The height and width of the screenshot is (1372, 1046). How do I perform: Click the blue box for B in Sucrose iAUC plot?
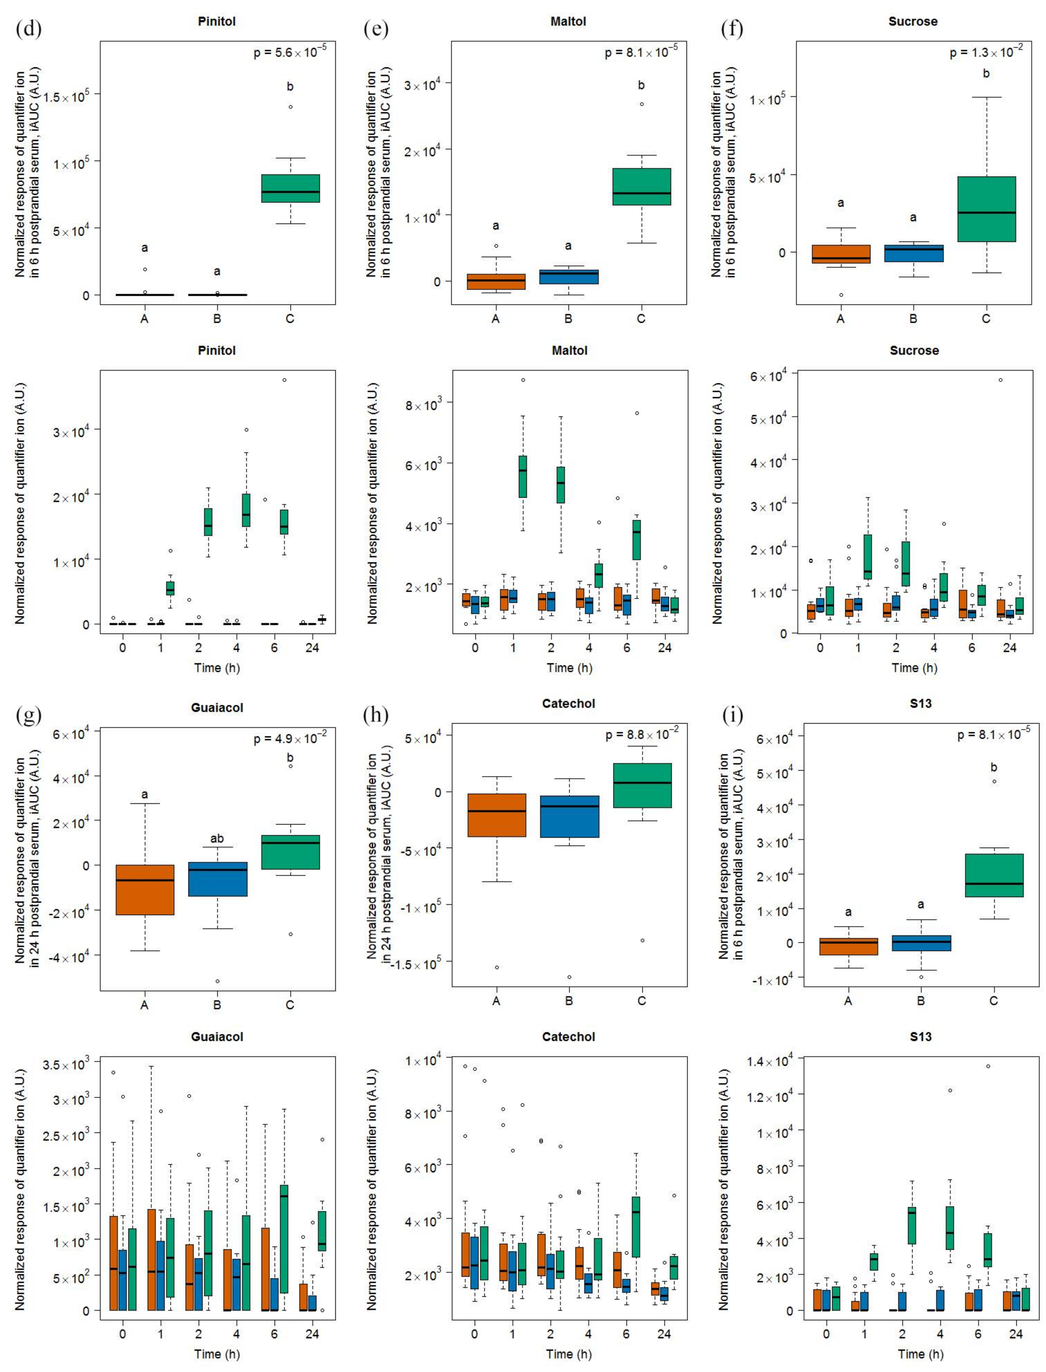point(913,253)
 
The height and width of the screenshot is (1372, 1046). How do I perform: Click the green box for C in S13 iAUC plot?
point(994,875)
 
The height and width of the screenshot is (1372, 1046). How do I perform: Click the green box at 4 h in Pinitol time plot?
point(246,510)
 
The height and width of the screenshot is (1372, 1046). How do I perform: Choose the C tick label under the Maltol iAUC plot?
point(641,319)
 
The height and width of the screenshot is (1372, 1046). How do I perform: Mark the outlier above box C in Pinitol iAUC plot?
point(290,107)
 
